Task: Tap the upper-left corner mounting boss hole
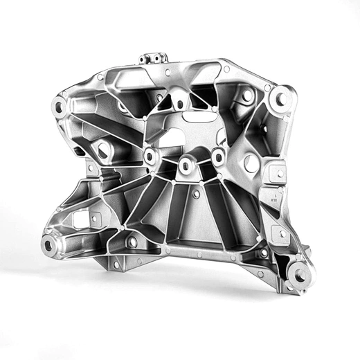[x=58, y=107]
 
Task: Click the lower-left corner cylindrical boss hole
[x=48, y=244]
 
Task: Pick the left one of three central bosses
[x=150, y=156]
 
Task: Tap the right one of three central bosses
[x=218, y=157]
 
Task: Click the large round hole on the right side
[x=251, y=163]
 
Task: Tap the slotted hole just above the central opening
[x=179, y=105]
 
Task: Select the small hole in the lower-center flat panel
[x=196, y=195]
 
